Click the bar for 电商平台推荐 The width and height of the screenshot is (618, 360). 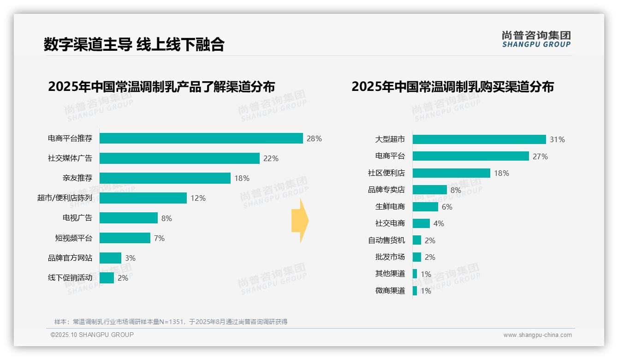point(201,138)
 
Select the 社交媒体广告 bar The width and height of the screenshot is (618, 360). point(179,158)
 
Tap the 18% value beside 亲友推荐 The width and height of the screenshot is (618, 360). point(242,178)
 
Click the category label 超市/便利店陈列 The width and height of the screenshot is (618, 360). point(65,198)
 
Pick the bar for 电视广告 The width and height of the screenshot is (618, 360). point(129,218)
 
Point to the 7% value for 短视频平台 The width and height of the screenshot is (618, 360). point(159,238)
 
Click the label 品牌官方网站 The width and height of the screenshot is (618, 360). point(70,258)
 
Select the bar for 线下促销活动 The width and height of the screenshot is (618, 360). point(107,278)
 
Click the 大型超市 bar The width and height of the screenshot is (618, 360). point(479,139)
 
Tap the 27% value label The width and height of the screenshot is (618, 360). point(540,156)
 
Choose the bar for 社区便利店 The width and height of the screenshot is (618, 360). point(451,173)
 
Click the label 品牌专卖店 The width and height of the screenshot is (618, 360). point(386,190)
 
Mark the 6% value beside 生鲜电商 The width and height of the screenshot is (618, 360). point(447,207)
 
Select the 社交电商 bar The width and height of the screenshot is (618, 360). point(421,223)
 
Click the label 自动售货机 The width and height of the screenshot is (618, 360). point(386,240)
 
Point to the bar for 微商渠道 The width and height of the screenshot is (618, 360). point(415,291)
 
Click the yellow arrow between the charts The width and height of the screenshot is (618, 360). point(300,221)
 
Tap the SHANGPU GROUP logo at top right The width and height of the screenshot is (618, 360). point(536,39)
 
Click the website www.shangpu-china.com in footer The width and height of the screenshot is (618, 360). point(537,335)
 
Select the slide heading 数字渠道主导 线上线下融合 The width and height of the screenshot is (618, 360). point(134,44)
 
